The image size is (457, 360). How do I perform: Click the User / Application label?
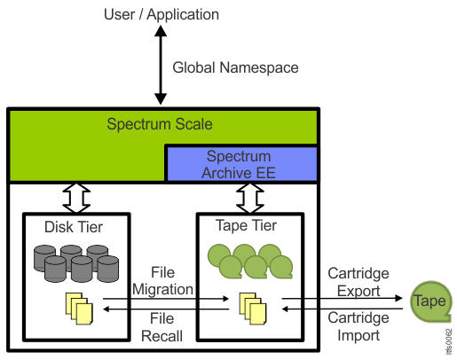[162, 14]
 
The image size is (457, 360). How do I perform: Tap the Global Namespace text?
[235, 67]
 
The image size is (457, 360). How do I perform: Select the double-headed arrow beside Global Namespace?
[161, 65]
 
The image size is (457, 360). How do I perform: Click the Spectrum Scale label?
[160, 124]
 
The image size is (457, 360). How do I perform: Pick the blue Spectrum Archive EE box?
[241, 164]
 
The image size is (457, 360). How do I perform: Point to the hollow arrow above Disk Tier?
[76, 198]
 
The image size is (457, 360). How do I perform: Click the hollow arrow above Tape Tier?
[250, 198]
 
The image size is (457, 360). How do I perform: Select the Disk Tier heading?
[74, 227]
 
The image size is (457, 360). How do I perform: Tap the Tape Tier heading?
[246, 226]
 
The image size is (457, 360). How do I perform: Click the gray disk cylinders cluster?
[76, 263]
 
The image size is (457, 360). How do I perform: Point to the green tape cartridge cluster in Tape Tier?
[250, 262]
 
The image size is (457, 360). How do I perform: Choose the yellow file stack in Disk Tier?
[79, 309]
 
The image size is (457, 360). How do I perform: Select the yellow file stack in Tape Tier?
[253, 309]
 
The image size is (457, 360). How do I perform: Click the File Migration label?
[162, 281]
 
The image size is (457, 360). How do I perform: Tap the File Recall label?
[162, 327]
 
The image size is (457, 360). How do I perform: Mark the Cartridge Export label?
[359, 282]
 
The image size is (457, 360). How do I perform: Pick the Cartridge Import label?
[359, 326]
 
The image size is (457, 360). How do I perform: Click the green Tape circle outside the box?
[431, 301]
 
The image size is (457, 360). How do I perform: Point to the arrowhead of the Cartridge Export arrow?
[398, 298]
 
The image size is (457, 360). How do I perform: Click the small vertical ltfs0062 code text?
[449, 341]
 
